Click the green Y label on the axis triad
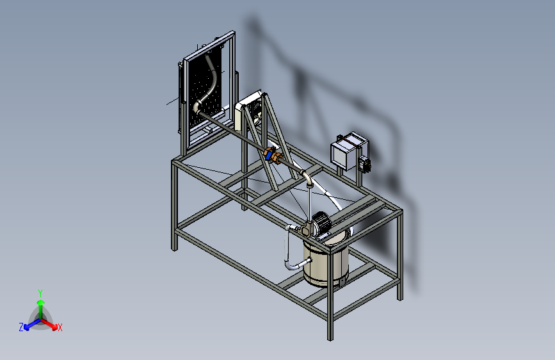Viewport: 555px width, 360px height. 40,292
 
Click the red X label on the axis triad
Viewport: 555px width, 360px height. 60,327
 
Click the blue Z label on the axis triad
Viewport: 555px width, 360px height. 21,327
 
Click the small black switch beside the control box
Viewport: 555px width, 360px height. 367,163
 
